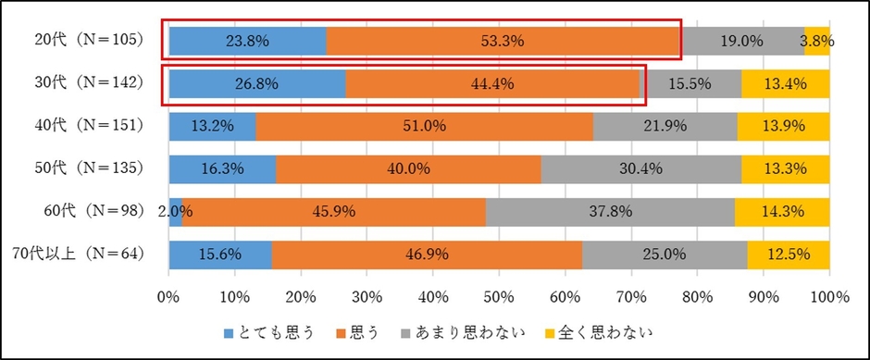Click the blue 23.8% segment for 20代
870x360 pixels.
click(247, 41)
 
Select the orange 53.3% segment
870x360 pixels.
click(503, 41)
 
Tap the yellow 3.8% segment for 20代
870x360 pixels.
click(817, 41)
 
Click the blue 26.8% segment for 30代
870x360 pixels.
click(257, 83)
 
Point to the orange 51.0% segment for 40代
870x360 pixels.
click(424, 126)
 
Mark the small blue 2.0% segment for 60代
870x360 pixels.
click(175, 211)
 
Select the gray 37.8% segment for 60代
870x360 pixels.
click(611, 211)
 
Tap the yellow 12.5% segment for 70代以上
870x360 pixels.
click(789, 254)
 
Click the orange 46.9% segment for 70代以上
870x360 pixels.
click(428, 254)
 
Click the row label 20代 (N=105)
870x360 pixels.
click(90, 41)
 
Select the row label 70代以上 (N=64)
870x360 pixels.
click(88, 254)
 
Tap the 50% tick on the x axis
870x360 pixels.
click(499, 298)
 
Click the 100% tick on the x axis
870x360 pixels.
click(829, 298)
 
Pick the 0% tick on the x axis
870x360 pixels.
click(168, 298)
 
